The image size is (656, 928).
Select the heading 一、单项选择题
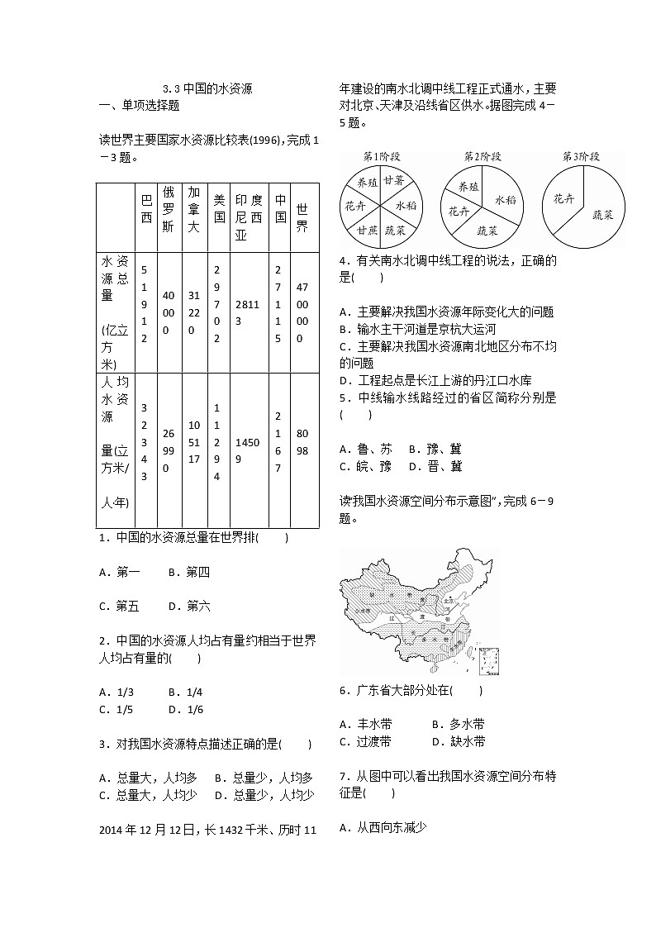(x=139, y=105)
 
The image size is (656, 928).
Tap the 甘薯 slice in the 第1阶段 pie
(x=393, y=180)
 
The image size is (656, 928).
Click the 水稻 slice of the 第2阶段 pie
(x=505, y=199)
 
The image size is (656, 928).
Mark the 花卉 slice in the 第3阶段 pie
(x=563, y=198)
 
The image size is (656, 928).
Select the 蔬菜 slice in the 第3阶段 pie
(x=602, y=214)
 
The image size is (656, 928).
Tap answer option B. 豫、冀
(x=435, y=449)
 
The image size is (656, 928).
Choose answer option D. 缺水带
(x=459, y=741)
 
